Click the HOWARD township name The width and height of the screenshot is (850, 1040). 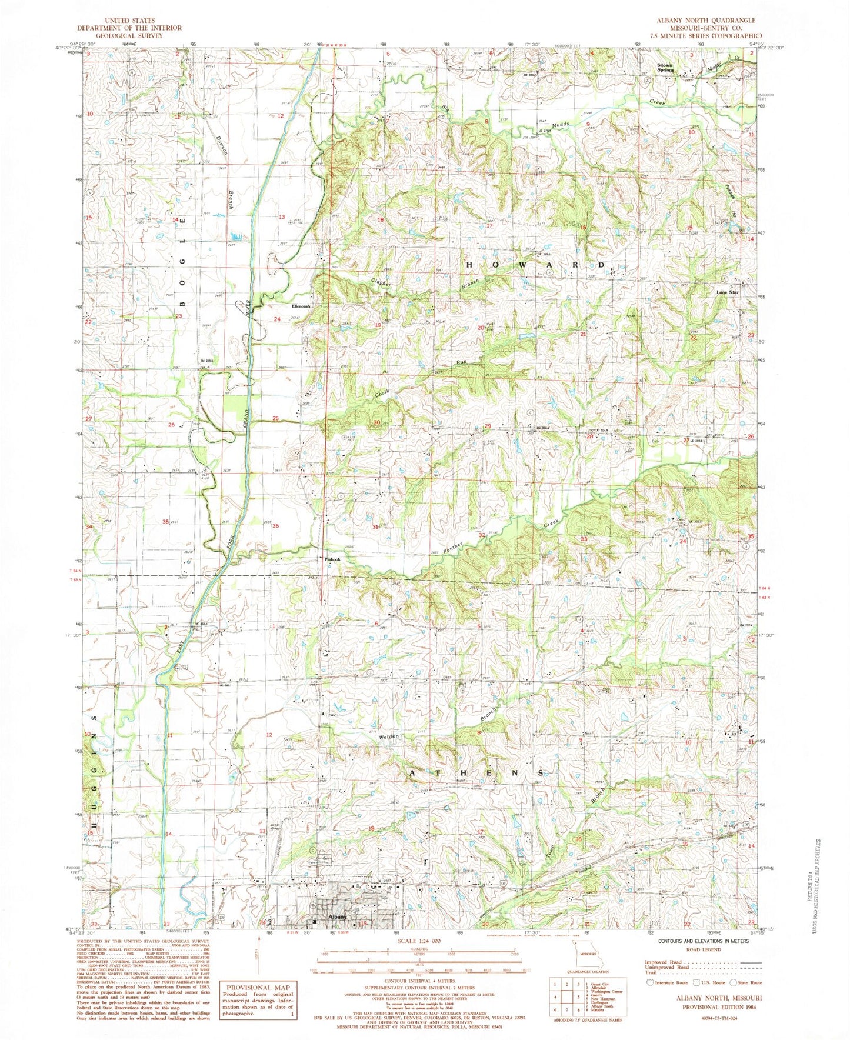[535, 265]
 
